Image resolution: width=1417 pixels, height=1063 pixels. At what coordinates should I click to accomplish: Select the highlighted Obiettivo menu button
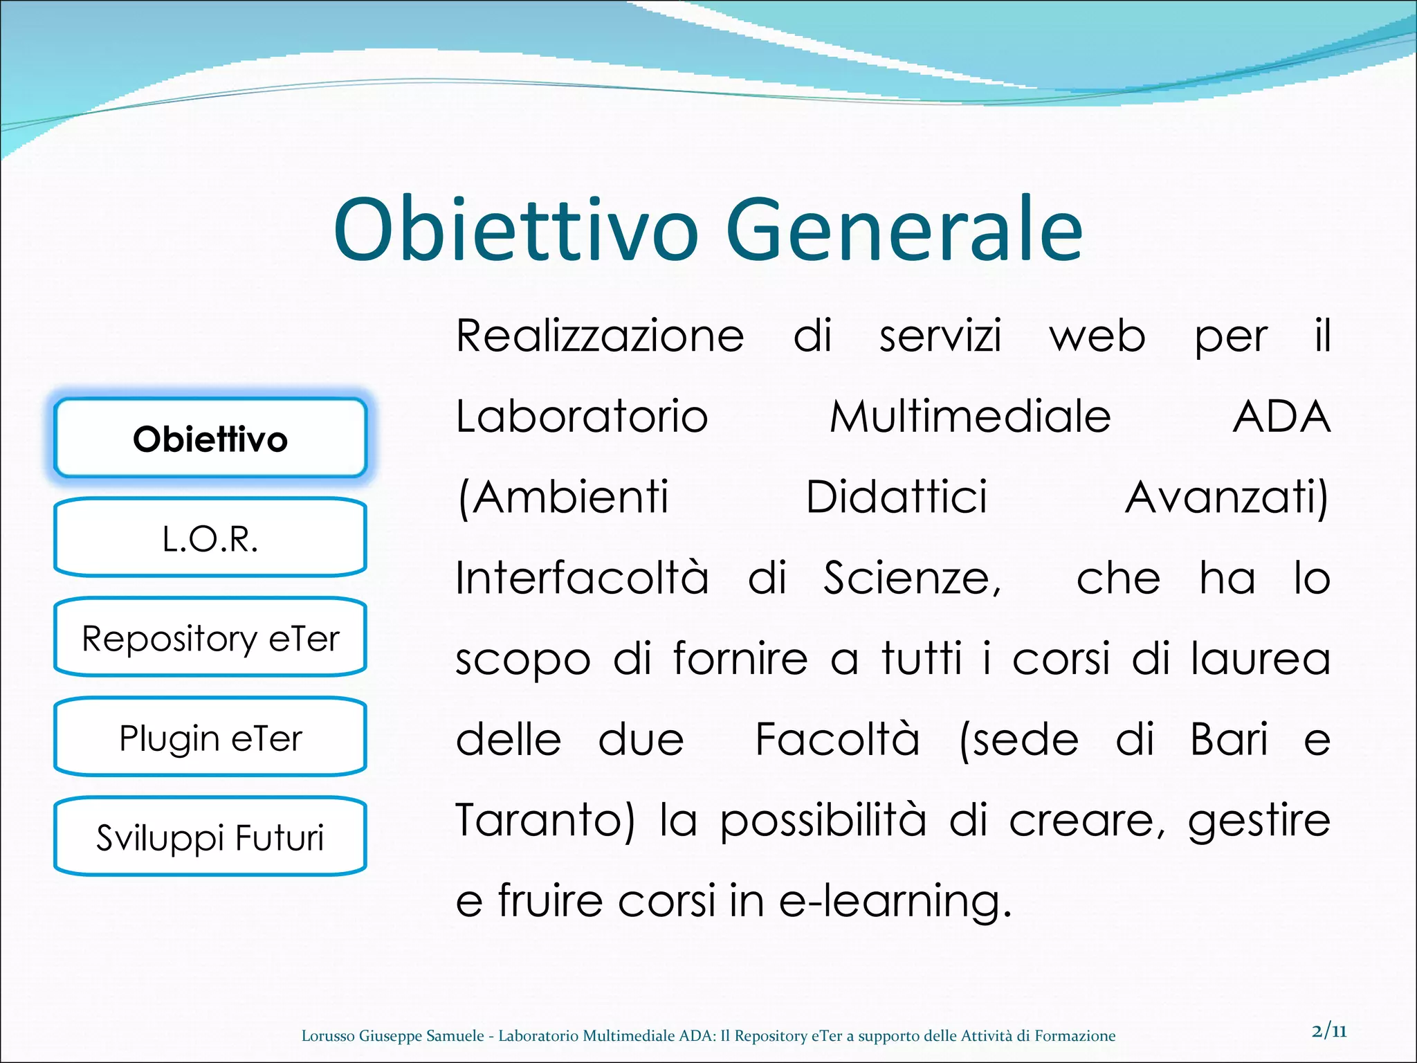[210, 439]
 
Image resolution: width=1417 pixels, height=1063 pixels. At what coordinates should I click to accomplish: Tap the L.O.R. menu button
[210, 538]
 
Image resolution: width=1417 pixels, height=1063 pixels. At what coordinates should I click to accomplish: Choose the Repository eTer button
[210, 637]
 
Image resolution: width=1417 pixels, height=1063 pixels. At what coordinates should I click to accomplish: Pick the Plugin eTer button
[210, 737]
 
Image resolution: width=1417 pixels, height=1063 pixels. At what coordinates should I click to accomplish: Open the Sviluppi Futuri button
[210, 837]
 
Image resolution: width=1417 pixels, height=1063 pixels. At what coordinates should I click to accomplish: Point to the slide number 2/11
[1329, 1031]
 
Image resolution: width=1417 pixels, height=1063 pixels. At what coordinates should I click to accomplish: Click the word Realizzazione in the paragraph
[600, 336]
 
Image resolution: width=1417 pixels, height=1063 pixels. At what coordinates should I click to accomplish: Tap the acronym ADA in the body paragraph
[1281, 417]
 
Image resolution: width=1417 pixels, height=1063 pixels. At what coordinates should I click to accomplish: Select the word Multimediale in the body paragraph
[970, 417]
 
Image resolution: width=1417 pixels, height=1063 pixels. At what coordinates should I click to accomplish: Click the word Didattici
[897, 497]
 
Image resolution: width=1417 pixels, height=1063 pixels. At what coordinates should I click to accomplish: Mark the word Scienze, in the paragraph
[912, 579]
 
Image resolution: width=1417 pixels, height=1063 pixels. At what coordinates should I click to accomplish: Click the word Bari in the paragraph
[1229, 739]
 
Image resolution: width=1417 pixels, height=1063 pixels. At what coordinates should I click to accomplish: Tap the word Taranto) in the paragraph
[545, 821]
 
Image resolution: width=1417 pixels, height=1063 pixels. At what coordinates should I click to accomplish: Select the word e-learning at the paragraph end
[895, 902]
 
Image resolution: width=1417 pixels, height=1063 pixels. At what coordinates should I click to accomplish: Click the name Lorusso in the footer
[328, 1036]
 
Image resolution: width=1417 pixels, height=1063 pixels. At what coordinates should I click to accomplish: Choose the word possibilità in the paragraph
[823, 821]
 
